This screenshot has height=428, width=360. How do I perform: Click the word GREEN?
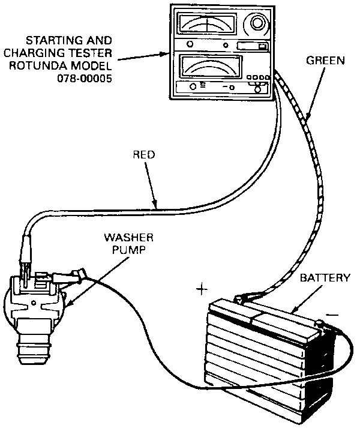point(325,61)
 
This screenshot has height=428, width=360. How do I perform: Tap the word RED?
point(144,155)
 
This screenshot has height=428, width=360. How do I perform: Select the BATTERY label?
point(325,278)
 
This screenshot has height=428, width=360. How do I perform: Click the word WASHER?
point(128,238)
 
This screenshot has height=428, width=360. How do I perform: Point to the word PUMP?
point(129,250)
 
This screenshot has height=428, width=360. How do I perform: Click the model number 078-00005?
point(85,79)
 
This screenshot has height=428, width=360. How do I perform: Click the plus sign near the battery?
point(202,289)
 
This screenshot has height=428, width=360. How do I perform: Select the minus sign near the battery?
point(332,315)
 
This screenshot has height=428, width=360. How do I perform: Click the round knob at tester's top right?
point(257,23)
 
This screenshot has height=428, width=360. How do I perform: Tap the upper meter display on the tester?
point(208,24)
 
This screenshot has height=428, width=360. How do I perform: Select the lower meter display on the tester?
point(211,67)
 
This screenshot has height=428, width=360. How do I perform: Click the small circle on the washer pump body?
point(34,303)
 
